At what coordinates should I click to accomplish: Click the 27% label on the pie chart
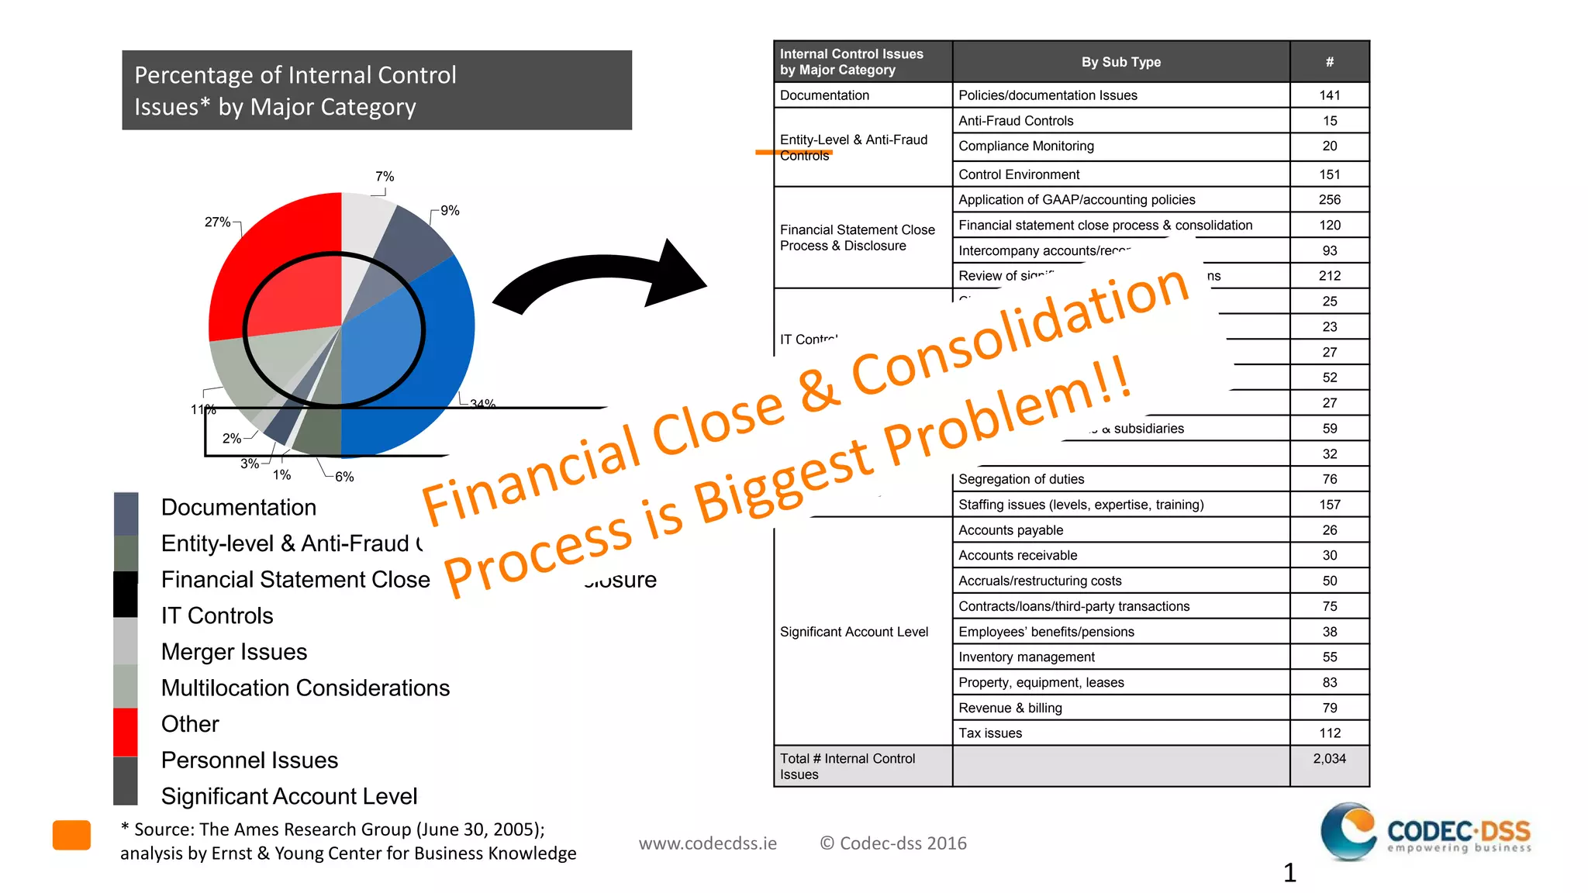point(217,222)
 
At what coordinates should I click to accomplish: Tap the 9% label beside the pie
point(450,210)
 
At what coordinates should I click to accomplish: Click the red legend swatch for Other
point(126,731)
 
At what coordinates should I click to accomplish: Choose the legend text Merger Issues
point(233,652)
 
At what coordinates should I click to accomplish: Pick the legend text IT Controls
point(217,615)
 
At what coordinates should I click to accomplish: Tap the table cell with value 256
point(1329,200)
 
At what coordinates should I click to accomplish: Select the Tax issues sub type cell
point(990,733)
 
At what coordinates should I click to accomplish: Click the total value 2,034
point(1329,759)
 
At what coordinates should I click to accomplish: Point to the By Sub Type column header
point(1120,62)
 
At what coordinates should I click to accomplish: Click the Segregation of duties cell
point(1021,479)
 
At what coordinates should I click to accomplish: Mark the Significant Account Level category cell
point(854,632)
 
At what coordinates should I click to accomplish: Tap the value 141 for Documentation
point(1329,95)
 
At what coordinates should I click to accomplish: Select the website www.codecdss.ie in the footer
point(707,843)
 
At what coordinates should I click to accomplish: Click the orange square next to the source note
point(71,835)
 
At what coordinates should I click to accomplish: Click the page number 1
point(1289,873)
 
